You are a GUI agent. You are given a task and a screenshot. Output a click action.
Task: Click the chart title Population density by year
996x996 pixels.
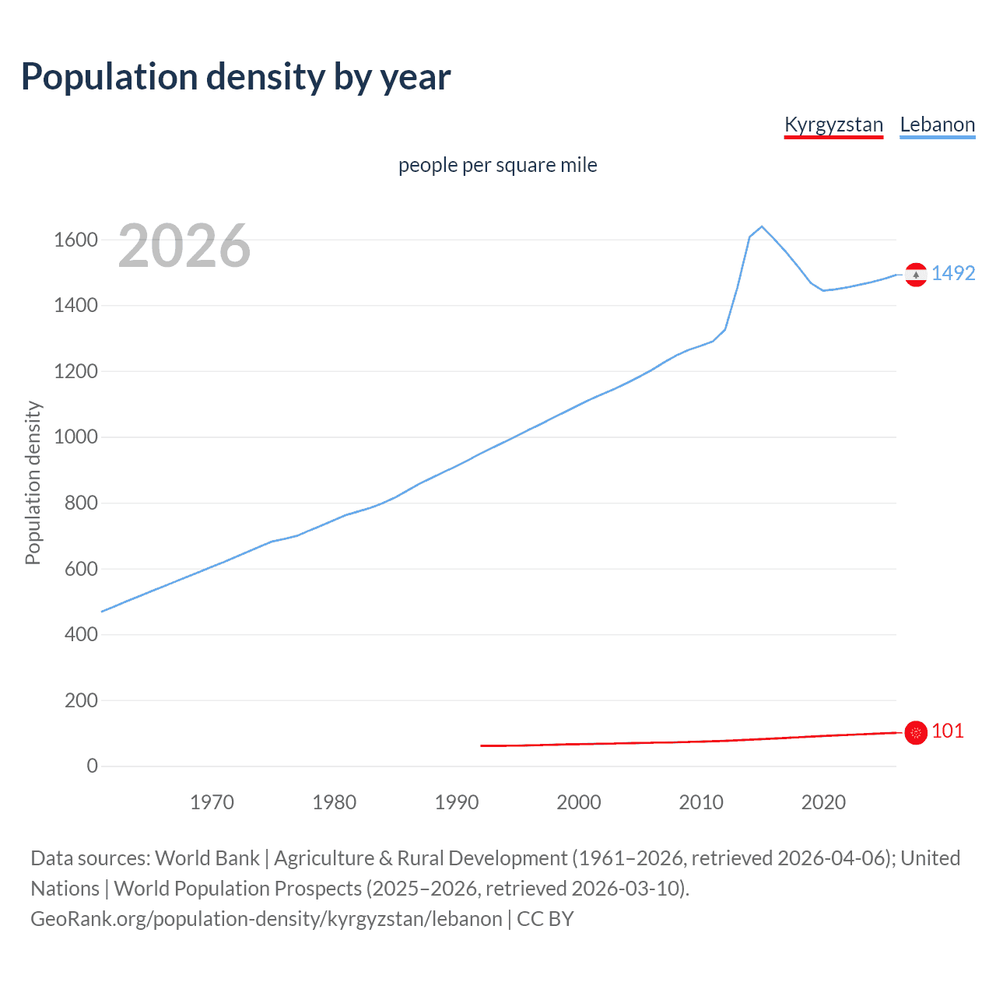coord(236,77)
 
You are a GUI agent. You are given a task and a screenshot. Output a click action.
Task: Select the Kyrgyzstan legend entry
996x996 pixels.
coord(833,124)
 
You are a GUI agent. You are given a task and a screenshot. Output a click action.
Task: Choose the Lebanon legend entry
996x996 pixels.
coord(937,124)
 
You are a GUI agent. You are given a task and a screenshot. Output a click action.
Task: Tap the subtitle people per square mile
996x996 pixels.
coord(497,165)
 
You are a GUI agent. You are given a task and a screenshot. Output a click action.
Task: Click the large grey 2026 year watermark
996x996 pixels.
coord(184,246)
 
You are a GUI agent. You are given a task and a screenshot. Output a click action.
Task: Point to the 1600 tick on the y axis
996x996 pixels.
coord(75,240)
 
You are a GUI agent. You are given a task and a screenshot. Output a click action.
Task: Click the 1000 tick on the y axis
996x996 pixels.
coord(75,437)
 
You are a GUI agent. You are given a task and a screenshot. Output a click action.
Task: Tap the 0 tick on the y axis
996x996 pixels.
coord(93,766)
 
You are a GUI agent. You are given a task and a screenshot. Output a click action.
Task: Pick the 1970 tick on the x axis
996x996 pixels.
coord(212,802)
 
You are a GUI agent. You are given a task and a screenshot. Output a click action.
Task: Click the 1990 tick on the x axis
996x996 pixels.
coord(457,802)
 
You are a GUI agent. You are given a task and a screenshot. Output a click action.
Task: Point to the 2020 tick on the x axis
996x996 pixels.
coord(823,802)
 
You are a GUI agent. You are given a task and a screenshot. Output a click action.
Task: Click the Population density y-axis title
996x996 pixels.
coord(33,482)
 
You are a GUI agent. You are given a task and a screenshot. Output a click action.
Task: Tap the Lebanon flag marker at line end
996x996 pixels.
coord(916,275)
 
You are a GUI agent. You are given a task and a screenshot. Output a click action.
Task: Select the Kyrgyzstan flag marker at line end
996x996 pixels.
coord(916,732)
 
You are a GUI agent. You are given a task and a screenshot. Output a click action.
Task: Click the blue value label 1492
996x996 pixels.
coord(953,274)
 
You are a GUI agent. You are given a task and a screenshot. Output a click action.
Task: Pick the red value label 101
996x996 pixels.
coord(948,731)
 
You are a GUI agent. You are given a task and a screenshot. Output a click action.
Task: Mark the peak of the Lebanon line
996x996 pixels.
coord(762,226)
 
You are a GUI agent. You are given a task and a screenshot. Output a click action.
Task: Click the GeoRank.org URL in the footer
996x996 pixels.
coord(266,919)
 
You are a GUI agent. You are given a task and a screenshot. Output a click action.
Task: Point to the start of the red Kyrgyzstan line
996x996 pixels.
coord(482,745)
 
